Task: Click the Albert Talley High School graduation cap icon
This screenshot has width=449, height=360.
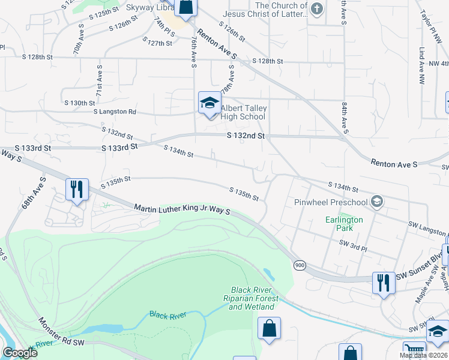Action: [209, 103]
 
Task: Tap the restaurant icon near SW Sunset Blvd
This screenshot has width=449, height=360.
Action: [383, 282]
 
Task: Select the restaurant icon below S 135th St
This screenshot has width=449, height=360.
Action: [77, 190]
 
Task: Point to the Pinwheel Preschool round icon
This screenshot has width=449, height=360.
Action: [376, 202]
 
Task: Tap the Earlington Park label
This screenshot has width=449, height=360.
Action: [344, 223]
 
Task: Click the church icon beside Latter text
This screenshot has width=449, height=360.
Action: [318, 8]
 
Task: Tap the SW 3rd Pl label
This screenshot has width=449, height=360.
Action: [352, 243]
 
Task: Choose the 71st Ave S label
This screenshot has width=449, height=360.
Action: [99, 83]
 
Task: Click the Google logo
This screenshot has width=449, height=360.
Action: [20, 353]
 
